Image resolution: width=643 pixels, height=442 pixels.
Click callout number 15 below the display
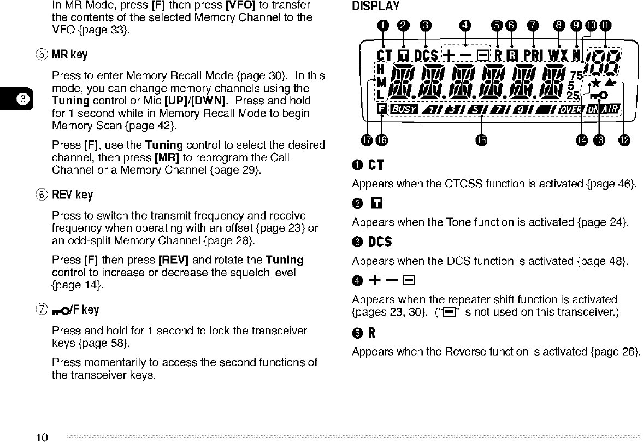481,140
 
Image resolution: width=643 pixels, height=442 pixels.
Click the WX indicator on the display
559,55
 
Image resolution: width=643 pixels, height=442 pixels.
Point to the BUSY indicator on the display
404,109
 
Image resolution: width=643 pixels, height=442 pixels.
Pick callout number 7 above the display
532,25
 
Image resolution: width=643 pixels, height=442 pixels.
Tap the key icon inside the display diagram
599,96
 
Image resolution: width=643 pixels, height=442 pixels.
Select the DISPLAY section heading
376,7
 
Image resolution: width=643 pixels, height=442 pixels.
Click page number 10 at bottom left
43,437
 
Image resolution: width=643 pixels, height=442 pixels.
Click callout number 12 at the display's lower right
624,140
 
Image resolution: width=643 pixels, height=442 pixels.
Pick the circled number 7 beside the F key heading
39,310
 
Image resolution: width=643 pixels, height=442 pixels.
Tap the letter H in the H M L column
380,69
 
